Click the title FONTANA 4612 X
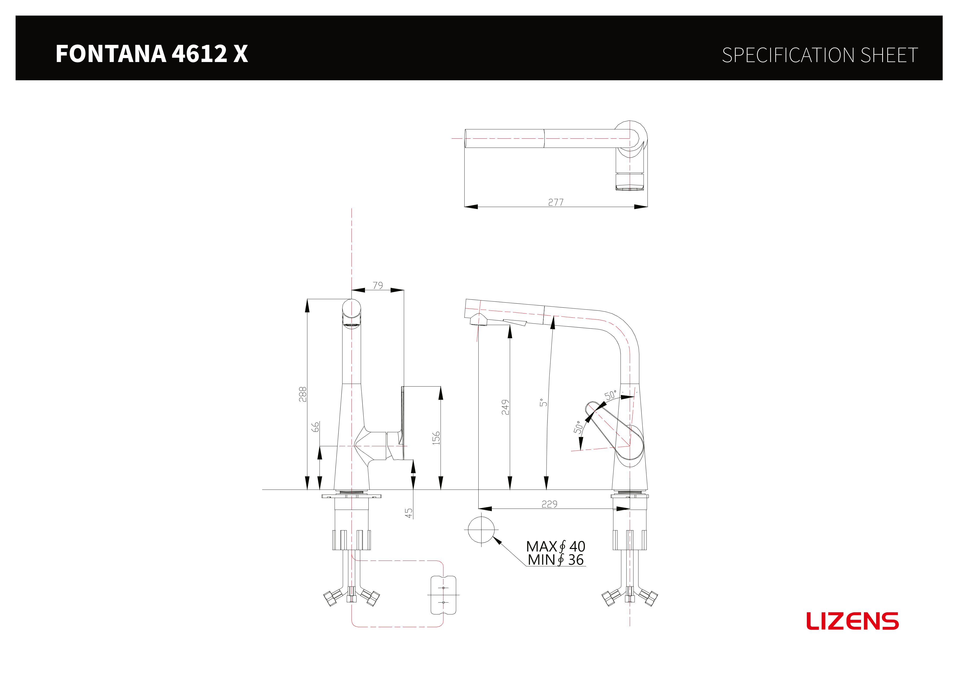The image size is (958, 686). coord(152,54)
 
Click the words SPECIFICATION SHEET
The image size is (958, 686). coord(820,55)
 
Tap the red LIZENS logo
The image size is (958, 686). coord(852,621)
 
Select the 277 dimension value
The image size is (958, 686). coord(556,202)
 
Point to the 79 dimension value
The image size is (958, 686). coord(378,285)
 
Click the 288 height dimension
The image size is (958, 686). coord(302,394)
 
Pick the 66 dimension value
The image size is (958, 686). coord(315,427)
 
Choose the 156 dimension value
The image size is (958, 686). coord(436,438)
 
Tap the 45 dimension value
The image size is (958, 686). coord(409,513)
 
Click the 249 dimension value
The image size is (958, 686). coord(505,407)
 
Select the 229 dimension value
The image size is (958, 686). coord(549,504)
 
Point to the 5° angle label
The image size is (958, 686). coord(543,402)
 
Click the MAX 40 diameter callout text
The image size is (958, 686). coord(556,546)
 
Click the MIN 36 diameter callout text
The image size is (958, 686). coord(556,560)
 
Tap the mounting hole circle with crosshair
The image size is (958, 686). coord(481,530)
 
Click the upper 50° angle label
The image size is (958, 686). coord(610,395)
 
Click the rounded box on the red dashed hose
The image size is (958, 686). coord(443,595)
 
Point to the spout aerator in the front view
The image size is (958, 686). coord(351,325)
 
